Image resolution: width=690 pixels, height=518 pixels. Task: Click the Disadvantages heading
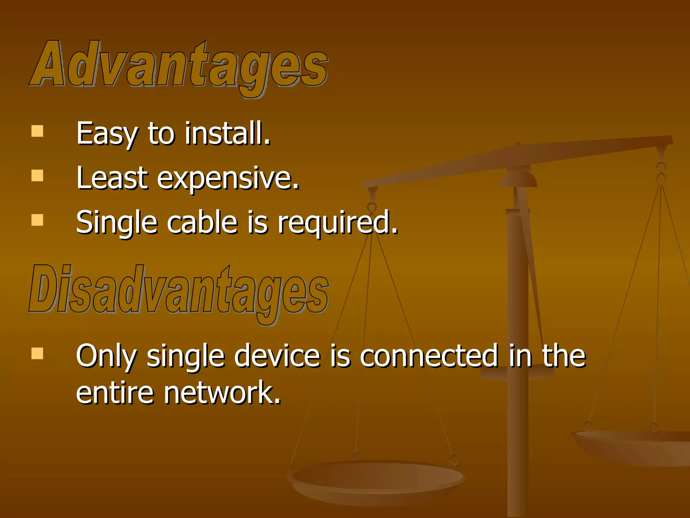[179, 291]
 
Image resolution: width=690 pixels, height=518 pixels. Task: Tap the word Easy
[106, 134]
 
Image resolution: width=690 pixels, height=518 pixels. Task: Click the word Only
[106, 356]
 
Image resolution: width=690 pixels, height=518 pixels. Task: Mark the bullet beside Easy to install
[37, 131]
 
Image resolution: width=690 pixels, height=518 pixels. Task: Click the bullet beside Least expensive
[37, 176]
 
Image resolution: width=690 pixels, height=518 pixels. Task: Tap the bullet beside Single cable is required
[37, 220]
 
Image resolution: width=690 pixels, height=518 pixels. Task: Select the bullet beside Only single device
[37, 353]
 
